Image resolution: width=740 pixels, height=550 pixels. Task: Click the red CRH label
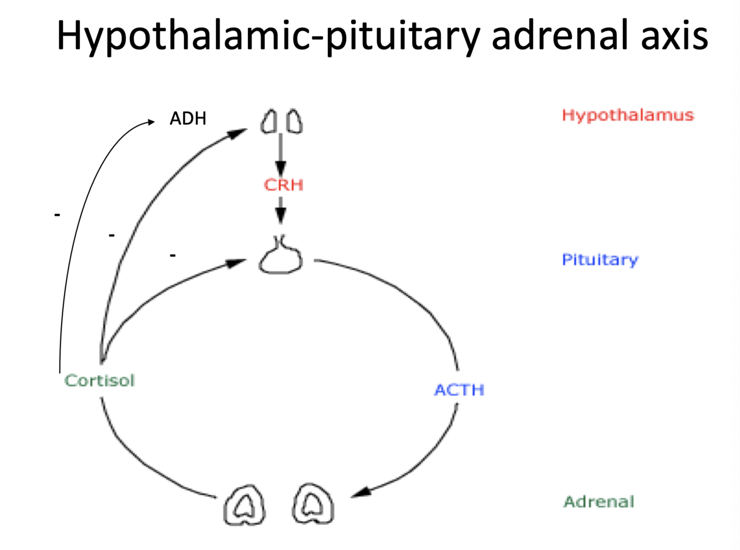tap(283, 185)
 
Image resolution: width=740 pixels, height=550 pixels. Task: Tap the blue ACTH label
tap(459, 390)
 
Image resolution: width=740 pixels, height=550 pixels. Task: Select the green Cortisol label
tap(99, 381)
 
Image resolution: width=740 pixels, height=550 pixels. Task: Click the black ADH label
tap(187, 118)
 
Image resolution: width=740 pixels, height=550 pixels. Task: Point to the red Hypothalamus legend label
tap(627, 115)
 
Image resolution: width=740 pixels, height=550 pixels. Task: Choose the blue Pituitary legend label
tap(600, 259)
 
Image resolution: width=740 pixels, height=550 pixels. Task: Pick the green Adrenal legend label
tap(599, 502)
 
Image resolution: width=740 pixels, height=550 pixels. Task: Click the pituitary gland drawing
tap(281, 258)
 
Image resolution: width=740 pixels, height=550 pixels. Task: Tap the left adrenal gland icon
tap(245, 505)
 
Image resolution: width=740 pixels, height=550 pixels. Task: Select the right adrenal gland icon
tap(313, 504)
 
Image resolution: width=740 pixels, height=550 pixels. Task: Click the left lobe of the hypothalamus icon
tap(269, 122)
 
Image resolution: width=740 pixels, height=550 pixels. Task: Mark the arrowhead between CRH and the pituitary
tap(281, 216)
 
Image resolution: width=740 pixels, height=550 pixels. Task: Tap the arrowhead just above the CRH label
tap(281, 168)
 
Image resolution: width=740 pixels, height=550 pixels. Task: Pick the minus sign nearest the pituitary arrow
tap(173, 255)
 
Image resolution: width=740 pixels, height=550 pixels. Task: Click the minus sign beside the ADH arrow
tap(57, 214)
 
